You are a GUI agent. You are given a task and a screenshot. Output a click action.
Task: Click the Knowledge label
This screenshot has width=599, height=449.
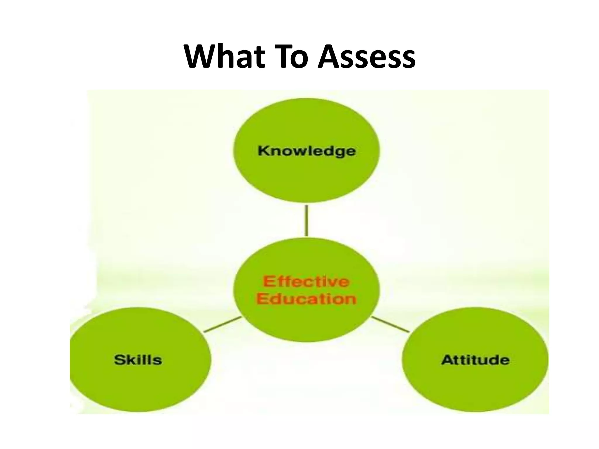[307, 151]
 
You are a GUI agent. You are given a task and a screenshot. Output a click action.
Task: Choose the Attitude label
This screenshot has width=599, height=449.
[475, 360]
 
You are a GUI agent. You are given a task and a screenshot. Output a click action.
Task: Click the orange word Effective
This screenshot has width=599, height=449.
[306, 282]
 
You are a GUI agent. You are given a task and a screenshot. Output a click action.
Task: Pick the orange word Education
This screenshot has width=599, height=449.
[306, 299]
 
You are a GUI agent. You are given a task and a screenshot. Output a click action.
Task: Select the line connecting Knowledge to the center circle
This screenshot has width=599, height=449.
[306, 220]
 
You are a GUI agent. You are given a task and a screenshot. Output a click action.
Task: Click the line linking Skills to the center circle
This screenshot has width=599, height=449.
[222, 324]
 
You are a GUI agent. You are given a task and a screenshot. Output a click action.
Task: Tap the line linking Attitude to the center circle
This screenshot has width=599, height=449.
[390, 324]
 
